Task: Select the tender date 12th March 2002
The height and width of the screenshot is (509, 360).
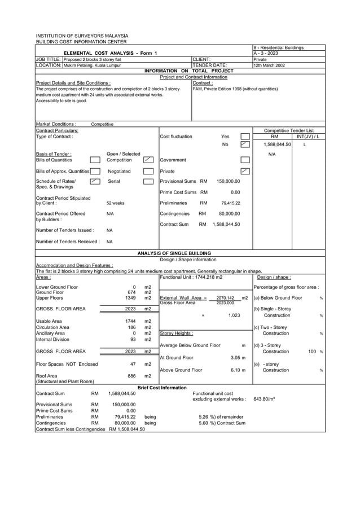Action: [269, 65]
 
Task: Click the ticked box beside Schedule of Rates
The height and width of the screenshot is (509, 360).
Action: [95, 181]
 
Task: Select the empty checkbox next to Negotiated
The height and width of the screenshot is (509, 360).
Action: [148, 170]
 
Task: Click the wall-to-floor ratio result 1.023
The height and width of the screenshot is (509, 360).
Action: [234, 315]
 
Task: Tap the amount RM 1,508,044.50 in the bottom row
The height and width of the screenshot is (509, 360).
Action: [127, 428]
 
